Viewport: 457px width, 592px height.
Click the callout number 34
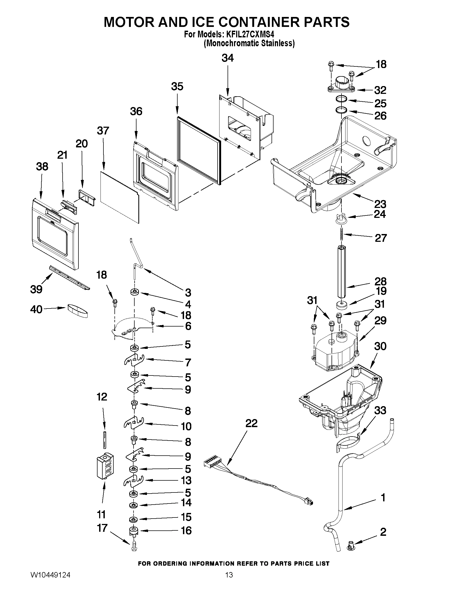point(227,58)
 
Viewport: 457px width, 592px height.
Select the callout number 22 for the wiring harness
point(251,423)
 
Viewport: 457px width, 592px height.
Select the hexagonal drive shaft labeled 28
point(342,271)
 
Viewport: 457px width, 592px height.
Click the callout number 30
point(380,346)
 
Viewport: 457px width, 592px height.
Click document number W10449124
point(50,581)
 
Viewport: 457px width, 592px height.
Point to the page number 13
point(229,581)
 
